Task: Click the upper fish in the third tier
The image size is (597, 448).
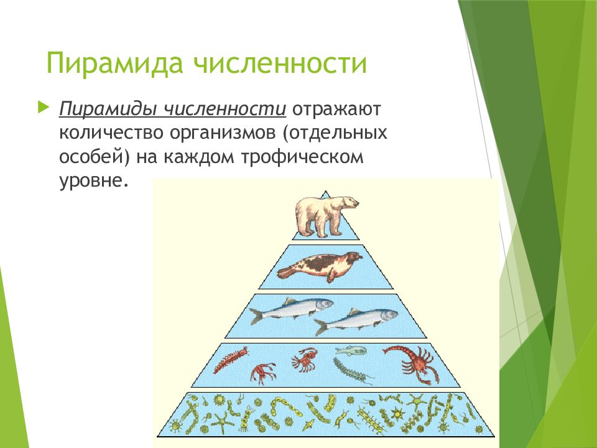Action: (x=290, y=309)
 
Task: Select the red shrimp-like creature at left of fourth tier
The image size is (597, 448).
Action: (x=230, y=360)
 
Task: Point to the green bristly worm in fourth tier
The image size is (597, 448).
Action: (x=351, y=371)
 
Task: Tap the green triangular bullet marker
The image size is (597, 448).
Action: (x=42, y=107)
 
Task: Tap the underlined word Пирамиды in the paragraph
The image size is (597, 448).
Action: (x=109, y=110)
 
